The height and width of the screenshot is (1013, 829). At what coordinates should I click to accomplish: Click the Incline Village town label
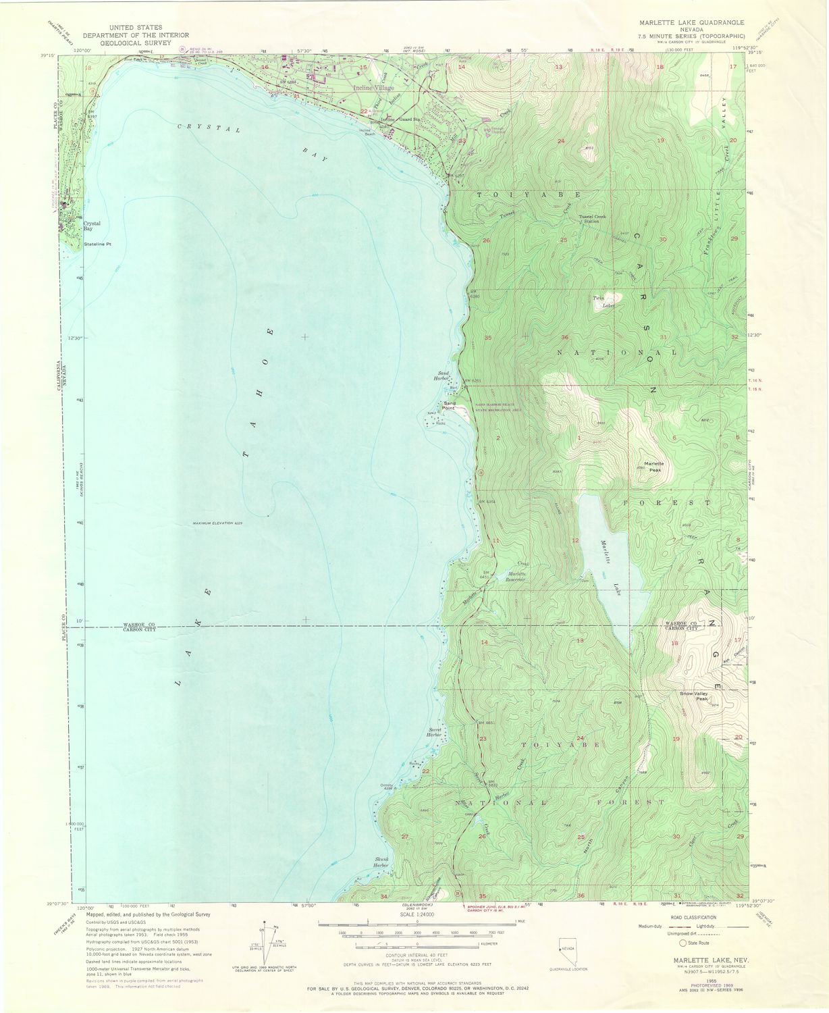(x=375, y=88)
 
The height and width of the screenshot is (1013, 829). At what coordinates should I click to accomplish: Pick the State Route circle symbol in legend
(x=684, y=943)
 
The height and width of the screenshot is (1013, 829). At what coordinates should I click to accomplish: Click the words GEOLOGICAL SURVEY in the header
(x=136, y=42)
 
